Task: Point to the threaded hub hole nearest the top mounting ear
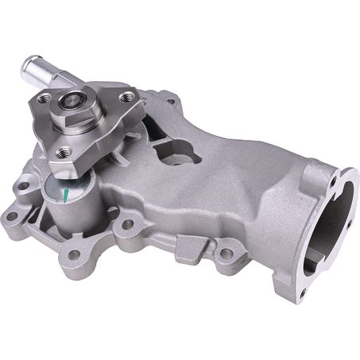pyautogui.click(x=126, y=97)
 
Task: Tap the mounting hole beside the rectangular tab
pyautogui.click(x=226, y=254)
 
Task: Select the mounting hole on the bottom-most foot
pyautogui.click(x=74, y=255)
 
